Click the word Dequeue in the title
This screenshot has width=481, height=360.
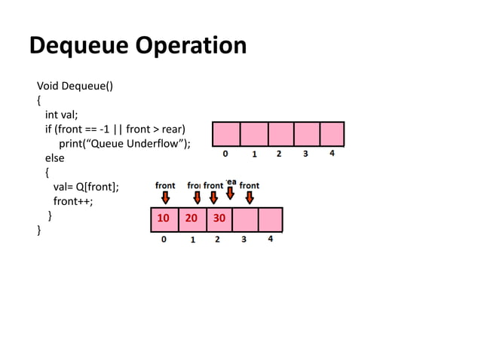click(81, 46)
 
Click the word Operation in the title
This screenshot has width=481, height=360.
click(191, 46)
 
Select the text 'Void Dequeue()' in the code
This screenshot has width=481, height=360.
click(75, 85)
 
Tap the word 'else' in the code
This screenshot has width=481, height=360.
click(54, 158)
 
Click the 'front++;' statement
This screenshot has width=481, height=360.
click(73, 202)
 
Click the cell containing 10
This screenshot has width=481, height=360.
click(163, 219)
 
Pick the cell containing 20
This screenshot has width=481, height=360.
click(191, 219)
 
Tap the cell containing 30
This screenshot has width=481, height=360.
click(219, 219)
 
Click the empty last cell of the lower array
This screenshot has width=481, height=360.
click(270, 219)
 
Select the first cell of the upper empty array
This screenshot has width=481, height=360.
click(226, 134)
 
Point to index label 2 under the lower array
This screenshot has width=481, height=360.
click(217, 240)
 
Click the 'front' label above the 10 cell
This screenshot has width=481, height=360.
click(165, 185)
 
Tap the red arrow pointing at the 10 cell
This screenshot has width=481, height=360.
click(165, 197)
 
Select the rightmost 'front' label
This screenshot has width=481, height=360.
click(250, 185)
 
